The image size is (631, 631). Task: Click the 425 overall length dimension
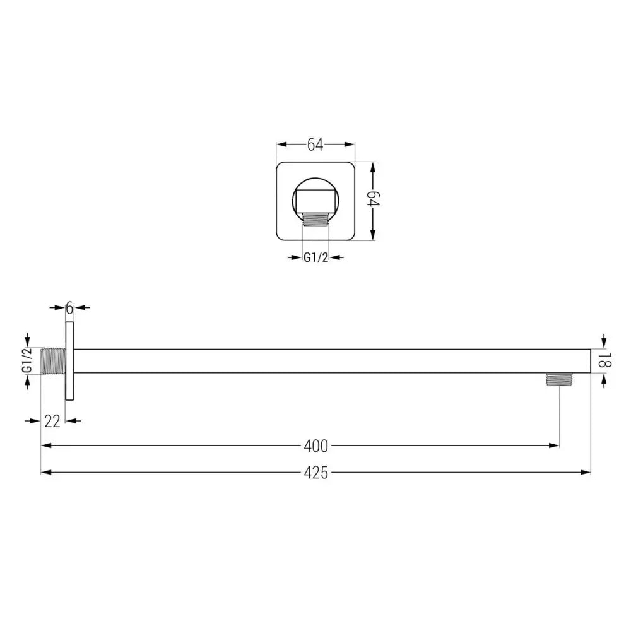(x=316, y=472)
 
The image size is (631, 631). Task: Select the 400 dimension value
(x=315, y=446)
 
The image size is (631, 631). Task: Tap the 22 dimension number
(x=52, y=422)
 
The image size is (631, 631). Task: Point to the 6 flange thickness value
(x=69, y=308)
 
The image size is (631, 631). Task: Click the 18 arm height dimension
(x=604, y=361)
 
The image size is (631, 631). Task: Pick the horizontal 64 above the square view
(x=315, y=145)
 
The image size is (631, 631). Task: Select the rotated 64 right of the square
(x=373, y=202)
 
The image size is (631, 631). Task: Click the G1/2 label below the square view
(x=315, y=257)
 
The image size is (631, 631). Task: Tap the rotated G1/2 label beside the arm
(x=27, y=361)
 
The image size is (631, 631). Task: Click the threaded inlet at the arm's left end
(x=52, y=361)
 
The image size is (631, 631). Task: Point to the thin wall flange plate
(x=69, y=361)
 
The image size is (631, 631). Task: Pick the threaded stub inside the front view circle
(x=315, y=219)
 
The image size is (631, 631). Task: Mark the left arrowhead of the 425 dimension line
(x=45, y=472)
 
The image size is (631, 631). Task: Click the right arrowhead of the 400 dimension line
(x=555, y=446)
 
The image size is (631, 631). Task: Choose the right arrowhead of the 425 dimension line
(x=586, y=472)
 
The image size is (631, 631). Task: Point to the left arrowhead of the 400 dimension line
(x=45, y=446)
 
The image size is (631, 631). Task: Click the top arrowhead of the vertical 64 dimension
(x=373, y=166)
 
